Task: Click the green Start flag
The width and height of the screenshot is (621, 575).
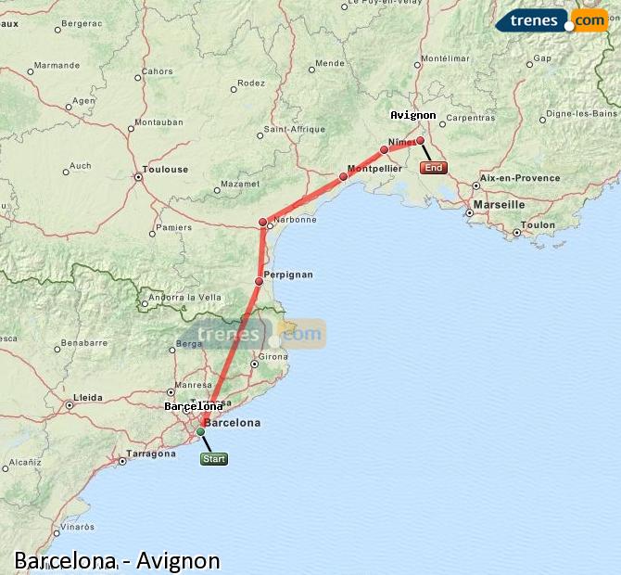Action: click(213, 458)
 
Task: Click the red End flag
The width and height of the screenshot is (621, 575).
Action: click(433, 168)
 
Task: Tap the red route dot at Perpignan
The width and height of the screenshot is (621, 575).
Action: click(260, 281)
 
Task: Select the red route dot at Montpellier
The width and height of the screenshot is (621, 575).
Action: click(343, 176)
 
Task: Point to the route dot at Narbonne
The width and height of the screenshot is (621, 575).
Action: click(263, 222)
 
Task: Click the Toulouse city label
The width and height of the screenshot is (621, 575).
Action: click(167, 170)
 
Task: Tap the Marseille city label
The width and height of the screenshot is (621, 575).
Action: click(499, 204)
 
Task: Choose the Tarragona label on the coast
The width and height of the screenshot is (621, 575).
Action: click(152, 454)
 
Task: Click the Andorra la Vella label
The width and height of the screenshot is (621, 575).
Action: click(184, 297)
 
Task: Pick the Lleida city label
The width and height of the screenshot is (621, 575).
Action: click(88, 397)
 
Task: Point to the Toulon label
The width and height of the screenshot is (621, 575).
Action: click(539, 224)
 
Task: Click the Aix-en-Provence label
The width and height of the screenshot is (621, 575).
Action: click(522, 178)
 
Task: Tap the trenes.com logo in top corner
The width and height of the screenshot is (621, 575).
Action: click(552, 20)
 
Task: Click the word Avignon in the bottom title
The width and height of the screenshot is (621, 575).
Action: click(178, 560)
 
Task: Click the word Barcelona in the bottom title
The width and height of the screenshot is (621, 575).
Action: click(65, 560)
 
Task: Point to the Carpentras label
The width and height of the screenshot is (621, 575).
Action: click(470, 118)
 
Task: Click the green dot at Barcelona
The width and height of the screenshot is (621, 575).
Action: click(200, 431)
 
